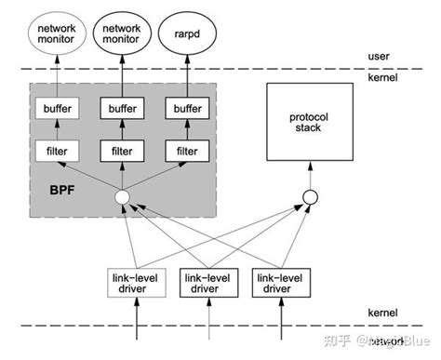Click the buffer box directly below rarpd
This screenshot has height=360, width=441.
point(186,109)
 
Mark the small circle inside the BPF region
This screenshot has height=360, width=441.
point(120,197)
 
